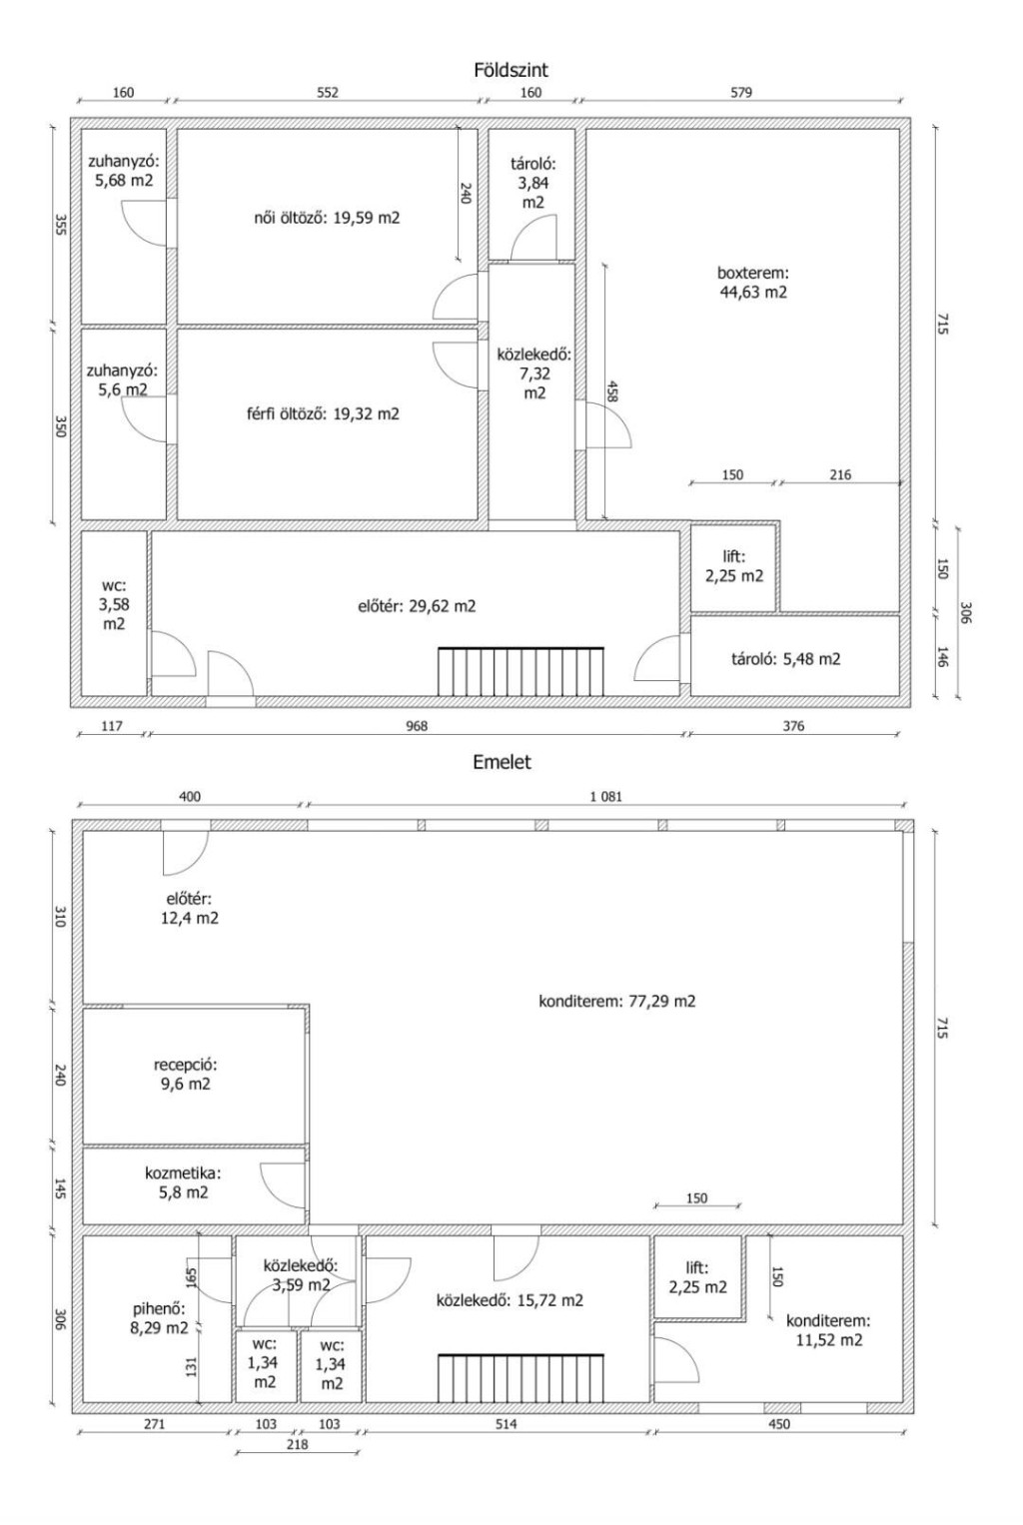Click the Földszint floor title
pos(511,70)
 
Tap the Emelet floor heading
pos(502,762)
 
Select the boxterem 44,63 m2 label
pos(753,283)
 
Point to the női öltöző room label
pos(327,218)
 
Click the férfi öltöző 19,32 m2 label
pos(323,413)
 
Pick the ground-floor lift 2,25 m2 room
pos(734,566)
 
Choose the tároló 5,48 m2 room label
pos(786,659)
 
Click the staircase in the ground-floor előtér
pos(521,671)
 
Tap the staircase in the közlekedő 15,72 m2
pos(521,1378)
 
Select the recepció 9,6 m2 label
pos(185,1075)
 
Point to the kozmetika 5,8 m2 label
pos(183,1182)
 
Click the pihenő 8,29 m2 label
pos(160,1318)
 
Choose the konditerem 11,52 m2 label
pos(829,1331)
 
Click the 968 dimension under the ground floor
pos(417,726)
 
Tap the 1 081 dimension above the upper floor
pos(606,797)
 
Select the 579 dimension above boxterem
pos(741,93)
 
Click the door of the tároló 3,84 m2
pos(533,238)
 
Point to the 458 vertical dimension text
pos(611,390)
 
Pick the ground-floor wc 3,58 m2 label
pos(114,604)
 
